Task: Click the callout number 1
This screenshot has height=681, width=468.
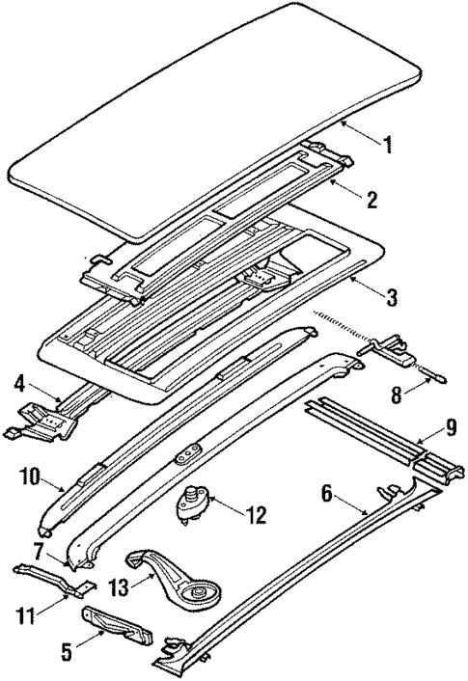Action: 388,146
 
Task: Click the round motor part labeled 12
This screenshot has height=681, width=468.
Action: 190,502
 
